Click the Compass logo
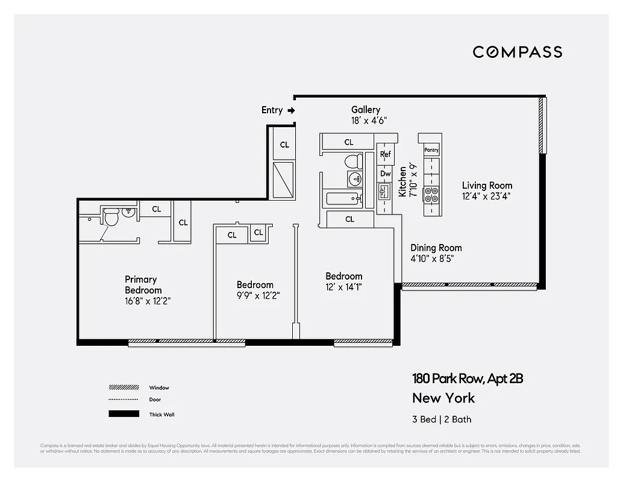click(517, 52)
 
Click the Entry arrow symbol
click(291, 110)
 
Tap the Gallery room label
click(366, 110)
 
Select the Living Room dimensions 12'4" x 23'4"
click(487, 196)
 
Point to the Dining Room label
click(436, 248)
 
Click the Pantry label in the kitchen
click(431, 149)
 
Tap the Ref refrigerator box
click(385, 154)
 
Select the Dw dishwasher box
click(385, 174)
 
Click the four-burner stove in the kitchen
click(431, 195)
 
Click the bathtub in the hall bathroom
click(342, 199)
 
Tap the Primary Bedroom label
click(140, 284)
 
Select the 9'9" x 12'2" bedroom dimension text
click(258, 296)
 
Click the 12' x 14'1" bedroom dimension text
click(343, 287)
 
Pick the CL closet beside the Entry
click(284, 145)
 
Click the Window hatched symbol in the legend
click(123, 388)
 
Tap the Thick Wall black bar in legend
click(123, 415)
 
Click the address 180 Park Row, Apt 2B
click(467, 379)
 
